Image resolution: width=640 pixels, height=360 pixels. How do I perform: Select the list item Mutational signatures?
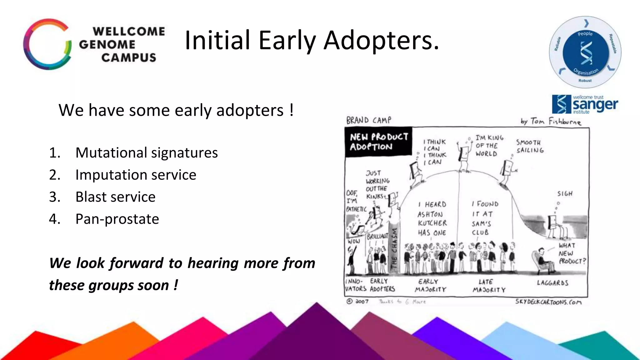tap(146, 153)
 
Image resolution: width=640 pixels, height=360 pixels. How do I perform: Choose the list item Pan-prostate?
tap(117, 219)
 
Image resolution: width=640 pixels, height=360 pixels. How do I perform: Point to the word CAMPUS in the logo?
tap(128, 58)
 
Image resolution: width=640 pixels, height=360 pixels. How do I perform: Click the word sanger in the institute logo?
tap(595, 105)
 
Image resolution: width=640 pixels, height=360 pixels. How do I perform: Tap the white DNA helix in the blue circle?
tap(586, 53)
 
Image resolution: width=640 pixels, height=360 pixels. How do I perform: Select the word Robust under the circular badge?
tap(585, 81)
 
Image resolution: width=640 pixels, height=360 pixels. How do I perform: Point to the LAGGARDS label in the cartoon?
tap(552, 283)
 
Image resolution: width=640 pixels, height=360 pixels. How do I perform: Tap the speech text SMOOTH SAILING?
tap(530, 146)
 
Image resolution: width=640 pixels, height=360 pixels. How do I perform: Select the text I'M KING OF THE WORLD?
tap(489, 146)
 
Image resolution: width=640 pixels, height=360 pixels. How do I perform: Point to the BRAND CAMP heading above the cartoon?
tap(368, 120)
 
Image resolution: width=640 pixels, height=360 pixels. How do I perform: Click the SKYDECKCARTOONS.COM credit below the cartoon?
tap(548, 302)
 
